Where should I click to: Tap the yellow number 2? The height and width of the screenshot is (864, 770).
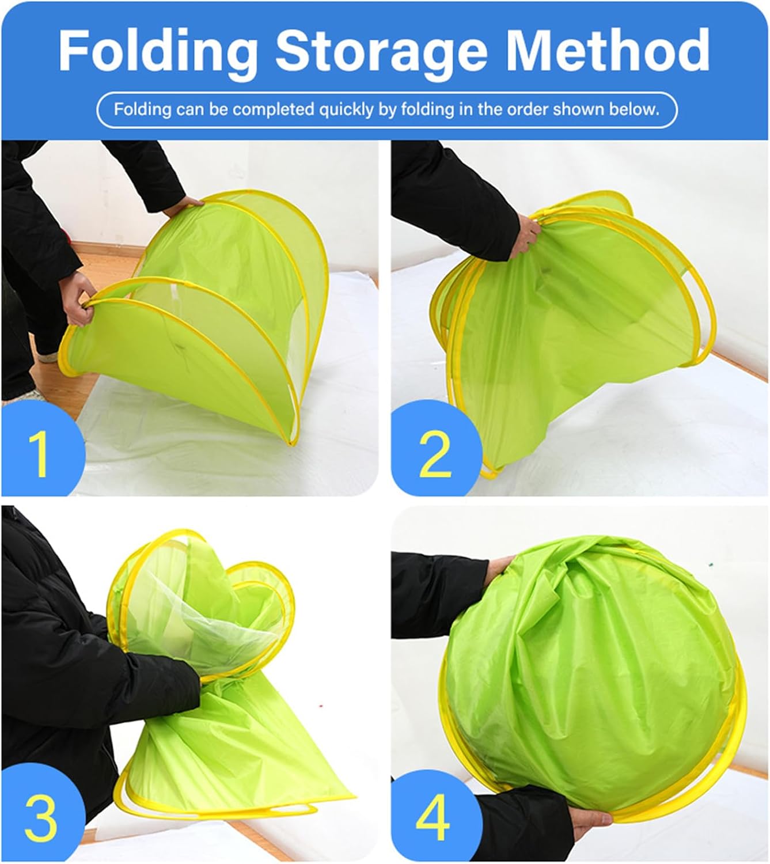pos(435,454)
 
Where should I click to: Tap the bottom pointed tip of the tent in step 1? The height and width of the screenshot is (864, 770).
pos(293,444)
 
